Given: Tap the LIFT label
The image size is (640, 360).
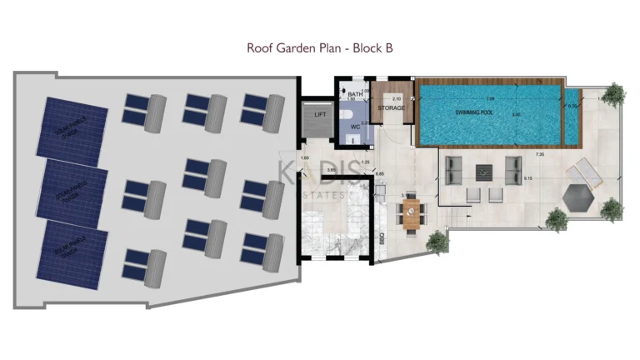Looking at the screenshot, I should tap(319, 115).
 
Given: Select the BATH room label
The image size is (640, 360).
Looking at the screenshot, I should tap(355, 95).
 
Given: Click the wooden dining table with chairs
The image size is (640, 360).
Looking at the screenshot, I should tap(412, 214).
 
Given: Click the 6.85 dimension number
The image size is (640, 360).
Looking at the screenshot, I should tap(380, 174).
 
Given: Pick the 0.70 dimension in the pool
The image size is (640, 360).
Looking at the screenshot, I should tap(572, 107).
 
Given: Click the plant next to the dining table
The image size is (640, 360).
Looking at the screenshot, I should tap(437, 242).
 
